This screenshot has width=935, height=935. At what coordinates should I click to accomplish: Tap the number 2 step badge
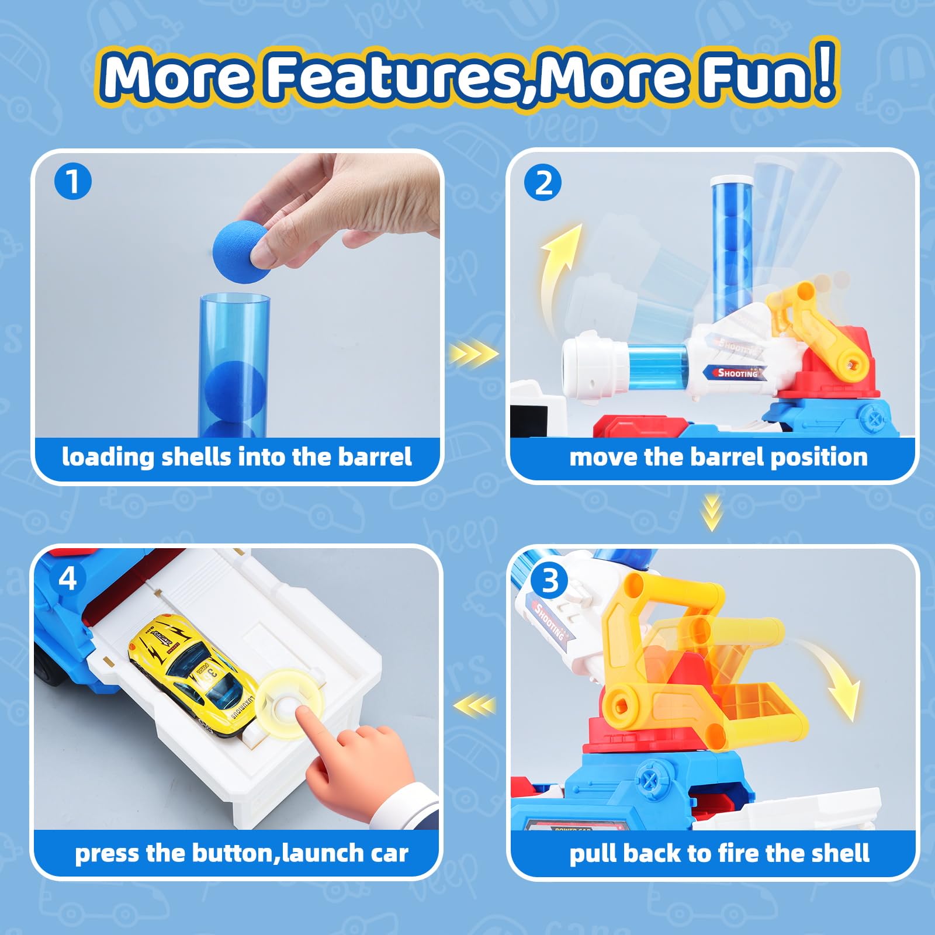pos(543,183)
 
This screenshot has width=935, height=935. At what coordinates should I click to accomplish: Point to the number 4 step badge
pos(68,579)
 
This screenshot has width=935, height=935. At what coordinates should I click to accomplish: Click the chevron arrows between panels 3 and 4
pos(475,706)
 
